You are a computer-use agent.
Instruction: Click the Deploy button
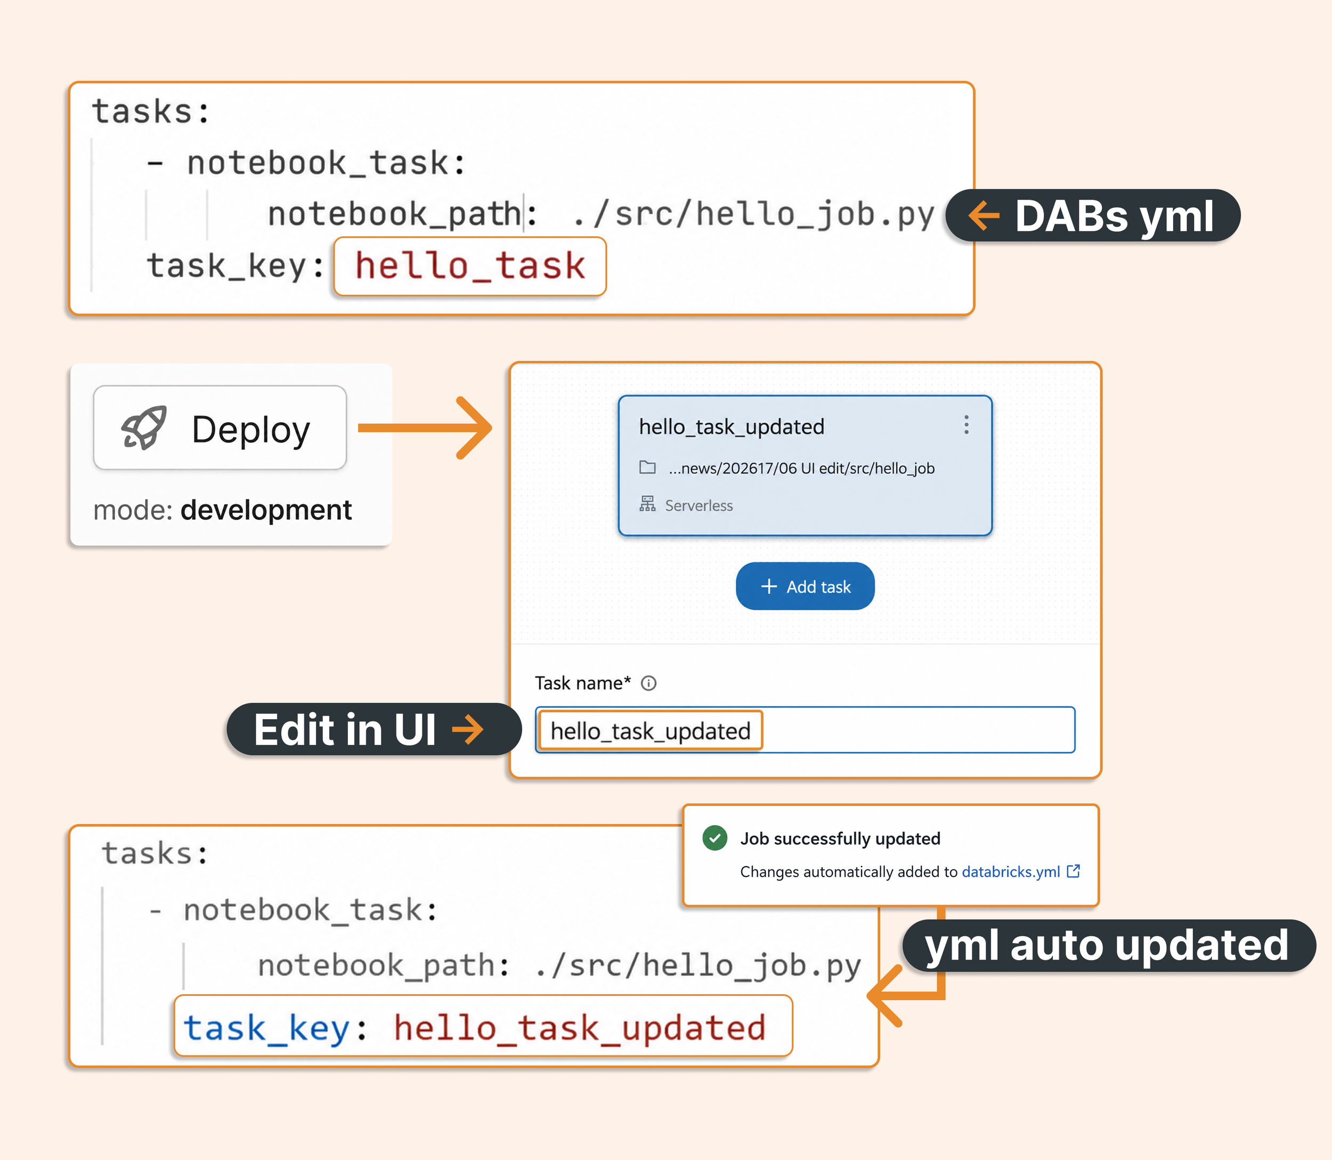pos(220,428)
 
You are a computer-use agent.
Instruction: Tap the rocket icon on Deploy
pos(144,428)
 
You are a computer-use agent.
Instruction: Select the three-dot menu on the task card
pos(966,425)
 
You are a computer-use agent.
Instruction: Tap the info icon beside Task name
pos(648,683)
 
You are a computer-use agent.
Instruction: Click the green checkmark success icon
pos(715,837)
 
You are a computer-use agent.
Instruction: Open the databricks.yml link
pos(1011,872)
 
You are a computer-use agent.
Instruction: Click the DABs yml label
pos(1093,215)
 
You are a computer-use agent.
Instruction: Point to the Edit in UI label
pos(374,729)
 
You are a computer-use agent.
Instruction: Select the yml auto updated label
pos(1109,946)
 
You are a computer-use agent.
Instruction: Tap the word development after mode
pos(266,510)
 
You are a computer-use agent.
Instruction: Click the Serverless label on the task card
pos(699,505)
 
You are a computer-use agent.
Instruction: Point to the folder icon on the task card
pos(647,467)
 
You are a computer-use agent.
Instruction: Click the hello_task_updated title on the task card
pos(732,427)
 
